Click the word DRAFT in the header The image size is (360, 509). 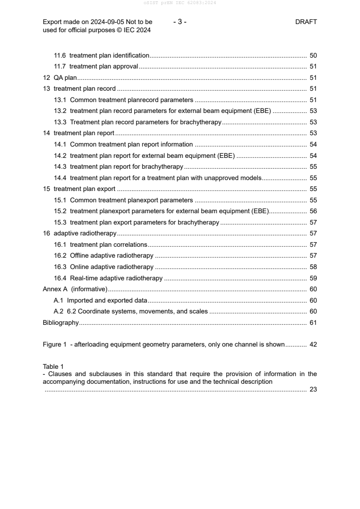306,22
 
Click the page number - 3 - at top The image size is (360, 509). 180,22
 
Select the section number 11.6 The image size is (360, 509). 60,55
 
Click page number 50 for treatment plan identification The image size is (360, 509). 313,55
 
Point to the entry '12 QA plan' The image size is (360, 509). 59,78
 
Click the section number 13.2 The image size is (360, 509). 60,111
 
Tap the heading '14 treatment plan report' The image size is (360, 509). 78,133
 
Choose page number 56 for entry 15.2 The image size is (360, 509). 313,211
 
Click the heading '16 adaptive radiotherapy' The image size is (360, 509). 79,234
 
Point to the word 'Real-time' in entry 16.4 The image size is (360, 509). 85,278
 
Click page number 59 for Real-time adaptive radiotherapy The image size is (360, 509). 313,278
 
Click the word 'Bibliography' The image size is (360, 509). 60,323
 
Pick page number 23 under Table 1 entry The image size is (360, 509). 313,389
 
